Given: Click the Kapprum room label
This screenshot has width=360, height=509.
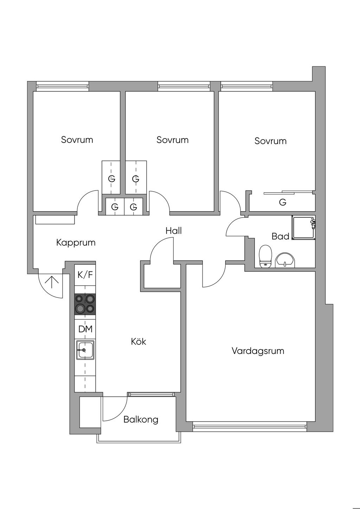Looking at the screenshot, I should [x=76, y=243].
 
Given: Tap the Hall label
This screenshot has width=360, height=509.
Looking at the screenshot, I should [x=174, y=231].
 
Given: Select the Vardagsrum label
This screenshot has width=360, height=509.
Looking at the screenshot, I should [x=258, y=351].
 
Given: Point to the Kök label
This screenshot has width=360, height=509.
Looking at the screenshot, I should [x=139, y=341].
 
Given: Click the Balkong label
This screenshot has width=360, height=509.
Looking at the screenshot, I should [x=141, y=419].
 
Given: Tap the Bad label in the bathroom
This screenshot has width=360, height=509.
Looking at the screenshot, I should [x=280, y=236].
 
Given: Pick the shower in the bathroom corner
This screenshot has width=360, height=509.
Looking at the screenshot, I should [x=303, y=228].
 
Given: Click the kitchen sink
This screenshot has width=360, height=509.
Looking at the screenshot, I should [x=85, y=350].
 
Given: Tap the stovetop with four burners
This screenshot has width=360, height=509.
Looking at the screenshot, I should [x=85, y=304].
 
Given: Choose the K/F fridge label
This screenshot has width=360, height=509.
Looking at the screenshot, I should [x=85, y=275].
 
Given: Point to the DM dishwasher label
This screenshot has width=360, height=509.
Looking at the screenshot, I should [x=85, y=329].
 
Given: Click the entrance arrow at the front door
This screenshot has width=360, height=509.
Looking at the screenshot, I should [x=52, y=282].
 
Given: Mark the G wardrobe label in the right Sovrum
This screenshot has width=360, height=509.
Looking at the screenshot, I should [x=282, y=202].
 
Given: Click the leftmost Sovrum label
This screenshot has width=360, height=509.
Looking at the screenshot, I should [x=77, y=140].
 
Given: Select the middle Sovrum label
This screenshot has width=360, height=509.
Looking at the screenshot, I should [x=172, y=140].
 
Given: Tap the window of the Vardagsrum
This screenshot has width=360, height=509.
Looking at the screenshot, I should [x=250, y=427].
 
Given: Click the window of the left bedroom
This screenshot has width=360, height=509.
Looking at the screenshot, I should [x=62, y=86].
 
